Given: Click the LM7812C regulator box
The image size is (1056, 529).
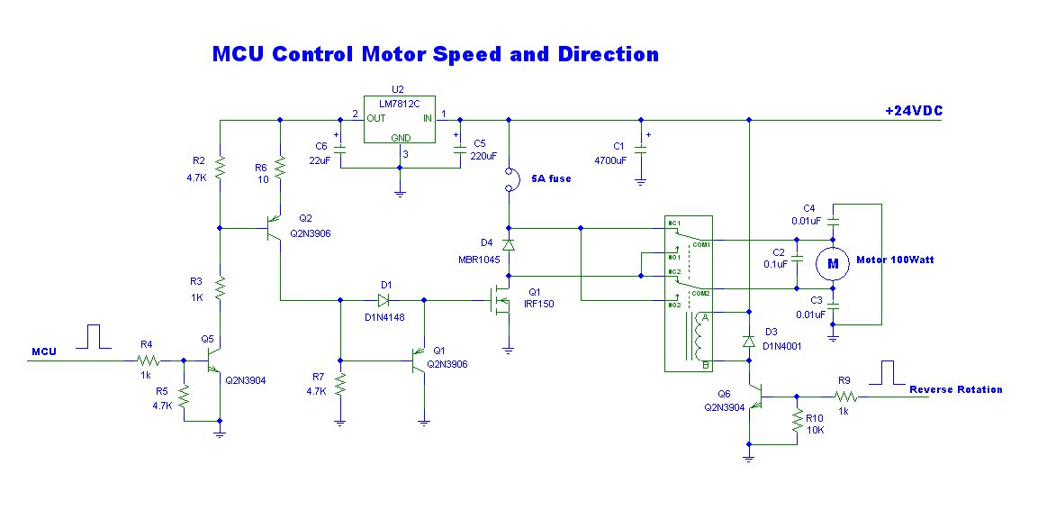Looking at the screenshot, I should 399,119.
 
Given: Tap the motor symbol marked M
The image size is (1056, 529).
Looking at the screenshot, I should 833,263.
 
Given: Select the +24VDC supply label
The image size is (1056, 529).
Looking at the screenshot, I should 913,111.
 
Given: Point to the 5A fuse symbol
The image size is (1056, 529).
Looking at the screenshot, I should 510,178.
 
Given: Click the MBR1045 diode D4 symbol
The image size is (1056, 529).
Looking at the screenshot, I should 510,244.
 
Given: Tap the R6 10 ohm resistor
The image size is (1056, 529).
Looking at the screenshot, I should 280,168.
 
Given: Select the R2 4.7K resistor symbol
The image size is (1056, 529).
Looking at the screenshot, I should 221,168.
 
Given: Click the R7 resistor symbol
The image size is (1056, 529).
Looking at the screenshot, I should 340,385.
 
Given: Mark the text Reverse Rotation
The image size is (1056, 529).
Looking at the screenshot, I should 955,389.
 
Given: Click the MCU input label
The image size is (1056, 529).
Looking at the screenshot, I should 44,351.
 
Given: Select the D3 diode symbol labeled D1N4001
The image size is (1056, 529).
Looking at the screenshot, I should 749,341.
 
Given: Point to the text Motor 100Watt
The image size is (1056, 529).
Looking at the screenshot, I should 895,260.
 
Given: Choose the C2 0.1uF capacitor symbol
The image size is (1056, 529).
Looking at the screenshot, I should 798,263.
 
